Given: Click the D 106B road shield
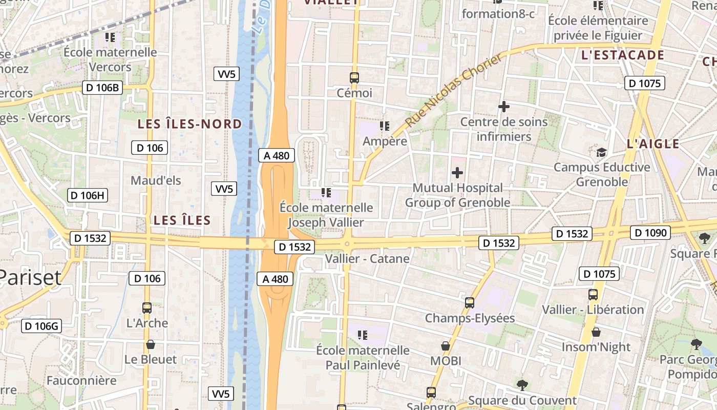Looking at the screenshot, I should coord(102,88).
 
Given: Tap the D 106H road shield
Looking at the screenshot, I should coord(88,195).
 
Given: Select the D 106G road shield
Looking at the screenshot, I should coord(41,326).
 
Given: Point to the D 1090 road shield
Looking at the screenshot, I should coord(650,233).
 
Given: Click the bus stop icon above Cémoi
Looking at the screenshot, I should coord(354,78).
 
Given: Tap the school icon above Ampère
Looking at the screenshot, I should coord(384,126).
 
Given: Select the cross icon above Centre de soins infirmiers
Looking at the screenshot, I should coord(504,107).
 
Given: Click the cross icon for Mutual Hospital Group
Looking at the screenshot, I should coord(457,173).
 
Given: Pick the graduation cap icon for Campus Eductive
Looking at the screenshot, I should coord(601,152).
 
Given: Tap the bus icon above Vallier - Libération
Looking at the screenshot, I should coord(593,295).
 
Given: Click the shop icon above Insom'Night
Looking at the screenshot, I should coord(596,332).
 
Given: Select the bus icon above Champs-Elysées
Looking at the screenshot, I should coord(470,303).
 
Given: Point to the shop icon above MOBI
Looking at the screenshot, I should coord(446,346).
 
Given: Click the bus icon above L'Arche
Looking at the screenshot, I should coord(147,308).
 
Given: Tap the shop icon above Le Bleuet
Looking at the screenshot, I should coord(151,344).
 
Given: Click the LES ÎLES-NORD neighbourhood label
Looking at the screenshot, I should coord(189,124).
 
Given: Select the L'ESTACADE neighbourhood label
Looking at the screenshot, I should coord(623,55).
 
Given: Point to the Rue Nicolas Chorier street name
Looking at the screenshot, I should coord(454,91).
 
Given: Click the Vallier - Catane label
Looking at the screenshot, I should coord(367,259).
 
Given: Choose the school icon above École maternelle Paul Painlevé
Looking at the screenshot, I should coord(363,335).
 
